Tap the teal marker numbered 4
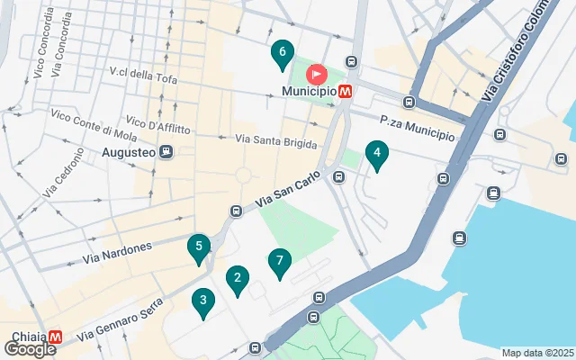pyautogui.click(x=376, y=156)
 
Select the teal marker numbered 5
pyautogui.click(x=198, y=247)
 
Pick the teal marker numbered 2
pyautogui.click(x=237, y=281)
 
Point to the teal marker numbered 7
pyautogui.click(x=280, y=263)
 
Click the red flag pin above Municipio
pyautogui.click(x=317, y=74)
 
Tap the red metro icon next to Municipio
pyautogui.click(x=346, y=91)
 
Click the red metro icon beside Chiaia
pyautogui.click(x=56, y=335)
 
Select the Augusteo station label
pyautogui.click(x=129, y=152)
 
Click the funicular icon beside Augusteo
pyautogui.click(x=166, y=152)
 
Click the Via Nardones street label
pyautogui.click(x=116, y=251)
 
